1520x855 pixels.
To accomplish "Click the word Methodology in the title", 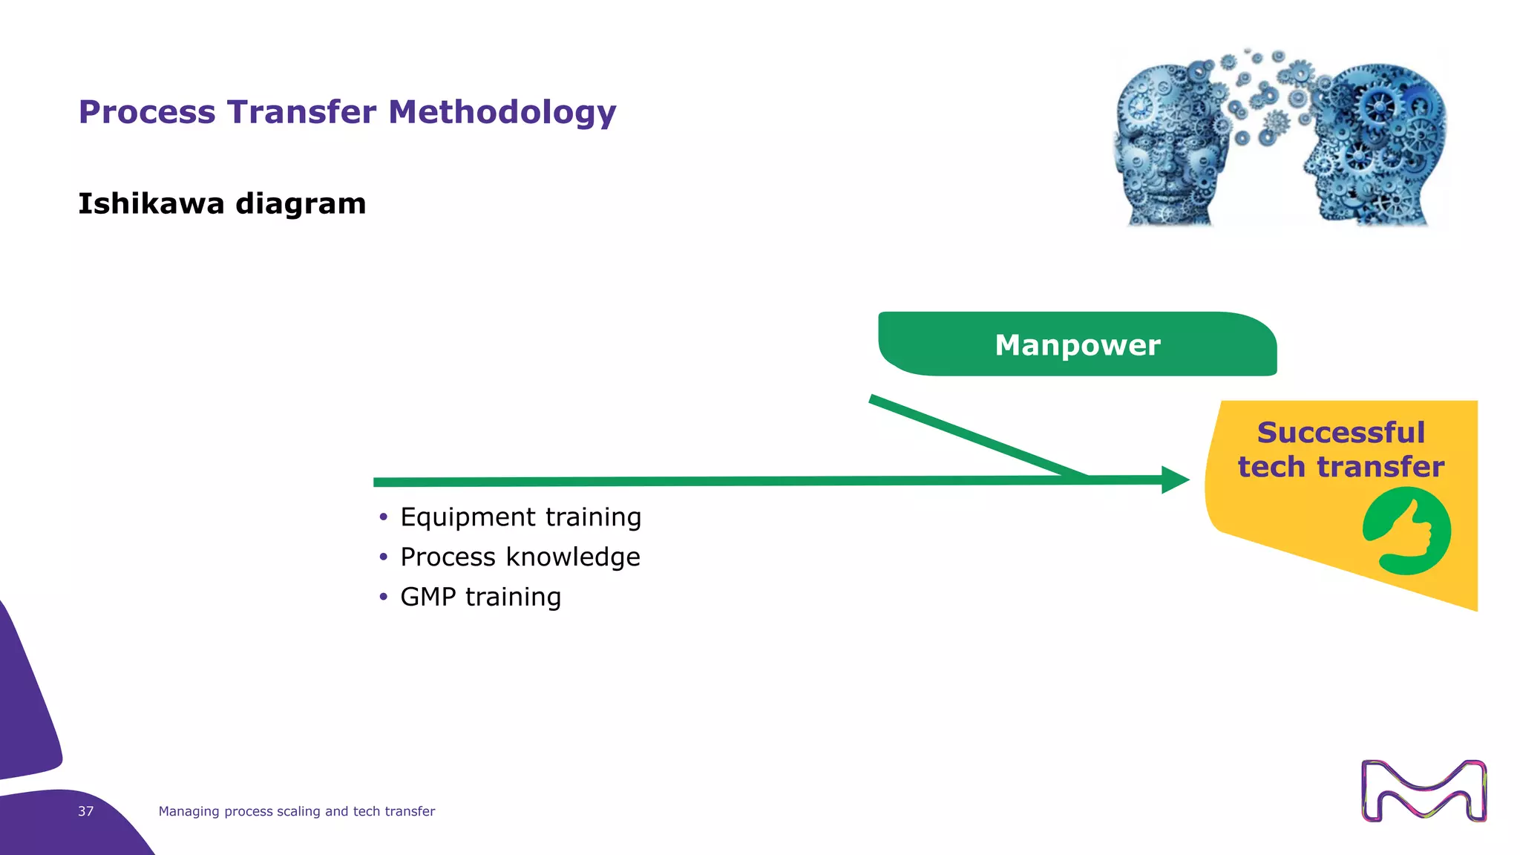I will [502, 113].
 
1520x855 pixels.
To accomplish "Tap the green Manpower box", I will [1077, 345].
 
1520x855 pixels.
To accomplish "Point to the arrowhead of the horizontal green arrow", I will [1176, 480].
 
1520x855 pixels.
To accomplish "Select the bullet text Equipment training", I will [520, 517].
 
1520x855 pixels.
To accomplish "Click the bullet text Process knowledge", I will [520, 557].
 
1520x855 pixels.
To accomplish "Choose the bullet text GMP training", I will [480, 597].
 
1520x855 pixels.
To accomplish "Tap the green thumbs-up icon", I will [1406, 531].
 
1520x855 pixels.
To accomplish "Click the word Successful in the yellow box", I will [1340, 433].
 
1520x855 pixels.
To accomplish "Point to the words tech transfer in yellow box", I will [1340, 468].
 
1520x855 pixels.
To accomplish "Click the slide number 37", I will [86, 811].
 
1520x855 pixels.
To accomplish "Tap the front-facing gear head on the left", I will [1169, 145].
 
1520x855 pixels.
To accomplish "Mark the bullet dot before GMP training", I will [383, 597].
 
